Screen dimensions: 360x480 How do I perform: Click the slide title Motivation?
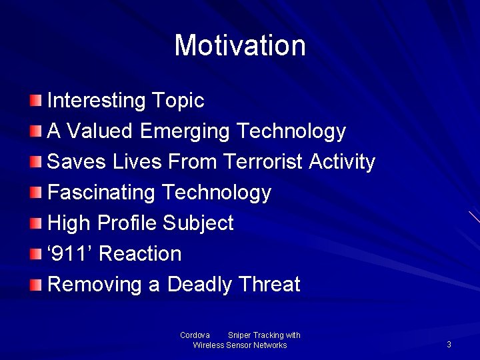tap(240, 46)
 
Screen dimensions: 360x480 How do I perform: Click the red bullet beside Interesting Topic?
tap(35, 101)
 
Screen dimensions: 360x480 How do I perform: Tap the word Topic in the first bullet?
tap(178, 101)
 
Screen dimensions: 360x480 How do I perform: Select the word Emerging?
tap(185, 131)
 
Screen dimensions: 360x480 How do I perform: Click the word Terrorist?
tap(265, 162)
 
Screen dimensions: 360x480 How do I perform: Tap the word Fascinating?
tap(102, 193)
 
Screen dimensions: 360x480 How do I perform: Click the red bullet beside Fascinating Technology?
tap(35, 193)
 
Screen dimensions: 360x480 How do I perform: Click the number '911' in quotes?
tap(71, 254)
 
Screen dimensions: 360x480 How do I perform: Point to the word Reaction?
tap(140, 254)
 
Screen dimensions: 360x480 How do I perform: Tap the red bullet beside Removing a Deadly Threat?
tap(35, 285)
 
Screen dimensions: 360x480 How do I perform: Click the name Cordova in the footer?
tap(195, 335)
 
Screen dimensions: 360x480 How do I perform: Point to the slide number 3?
tap(449, 345)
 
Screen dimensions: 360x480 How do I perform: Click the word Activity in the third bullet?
tap(343, 162)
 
